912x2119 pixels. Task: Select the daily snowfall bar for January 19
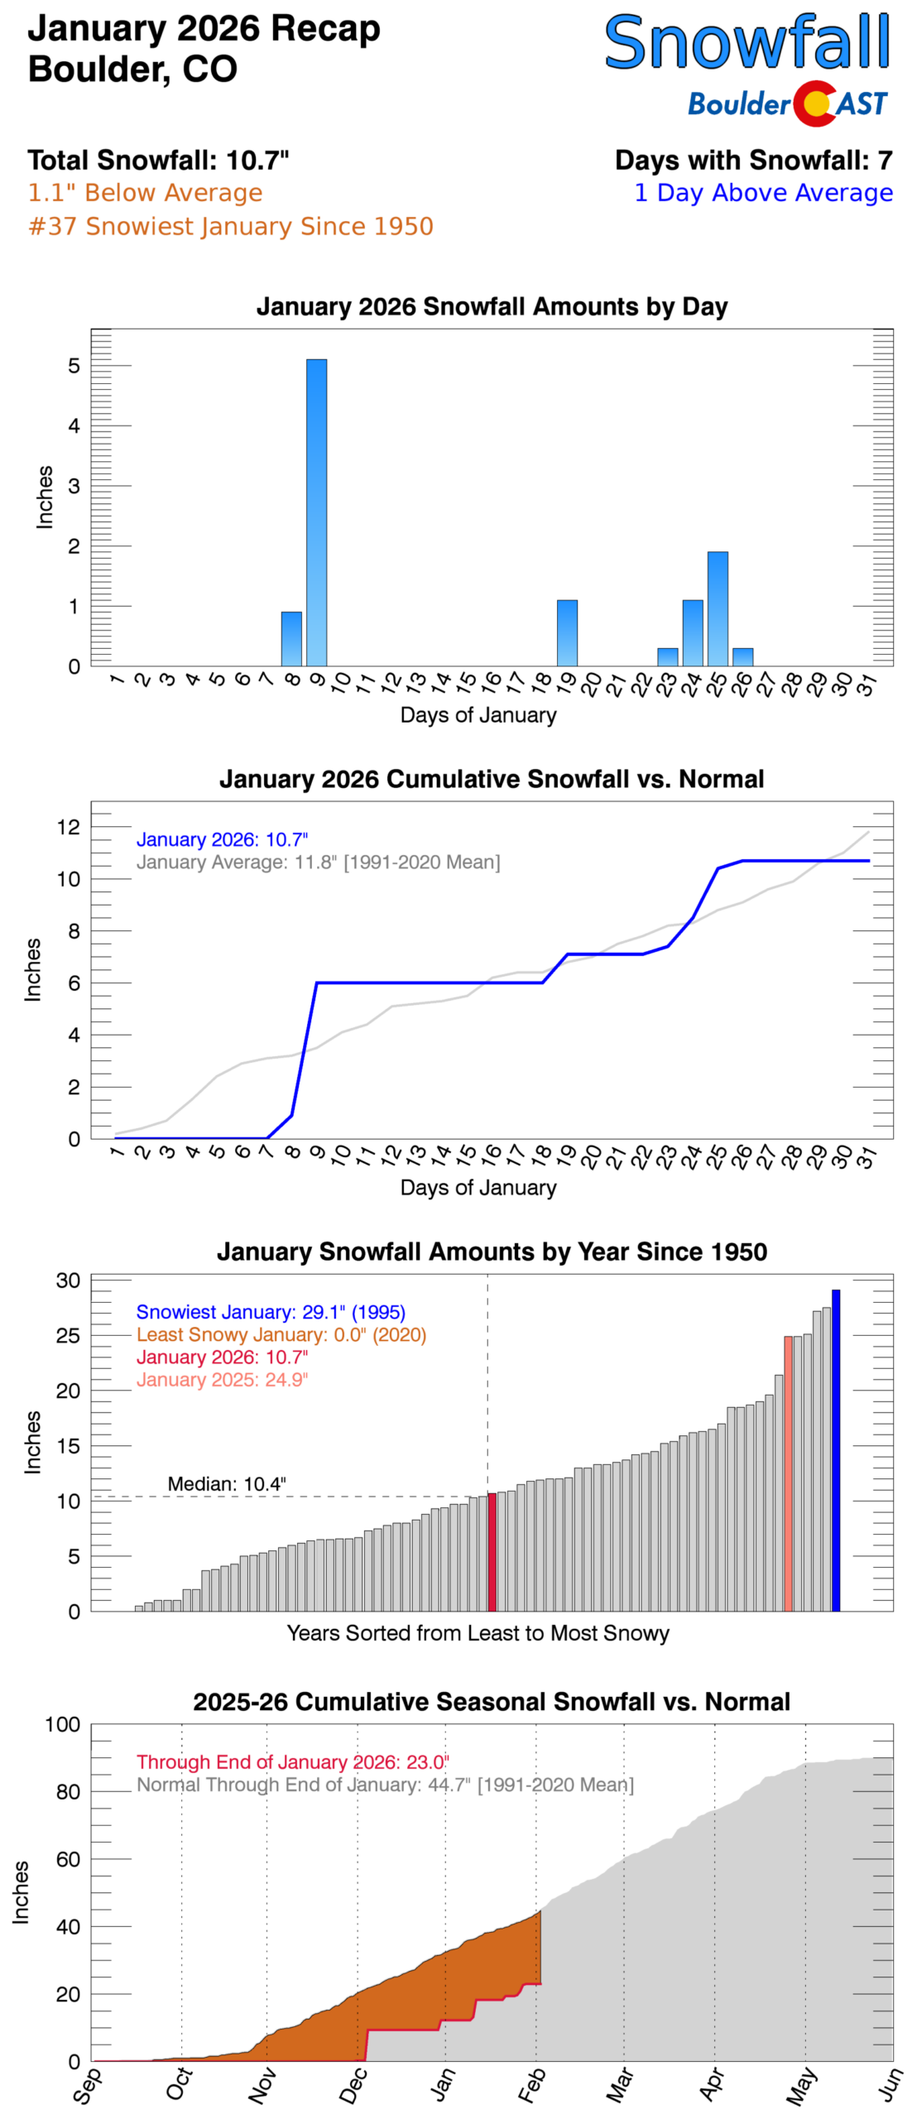coord(567,633)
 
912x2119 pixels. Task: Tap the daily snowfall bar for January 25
coord(718,608)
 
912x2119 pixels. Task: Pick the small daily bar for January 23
coord(667,656)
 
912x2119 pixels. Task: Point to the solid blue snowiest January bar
coord(836,1449)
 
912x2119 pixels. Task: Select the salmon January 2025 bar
coord(788,1473)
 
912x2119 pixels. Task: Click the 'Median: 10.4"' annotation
coord(227,1483)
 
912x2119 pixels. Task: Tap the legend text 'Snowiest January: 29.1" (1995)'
coord(271,1312)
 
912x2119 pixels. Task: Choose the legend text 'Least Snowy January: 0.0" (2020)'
coord(281,1334)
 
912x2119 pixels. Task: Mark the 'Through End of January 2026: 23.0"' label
coord(293,1761)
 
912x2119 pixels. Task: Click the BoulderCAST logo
coord(787,103)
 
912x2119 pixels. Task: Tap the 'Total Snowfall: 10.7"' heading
coord(158,160)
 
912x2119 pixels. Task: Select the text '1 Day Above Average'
coord(763,193)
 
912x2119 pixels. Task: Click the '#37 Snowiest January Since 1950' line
coord(231,227)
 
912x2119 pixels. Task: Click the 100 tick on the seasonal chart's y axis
coord(63,1725)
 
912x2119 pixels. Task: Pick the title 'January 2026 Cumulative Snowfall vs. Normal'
coord(492,779)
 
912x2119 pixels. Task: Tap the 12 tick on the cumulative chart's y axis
coord(69,827)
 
